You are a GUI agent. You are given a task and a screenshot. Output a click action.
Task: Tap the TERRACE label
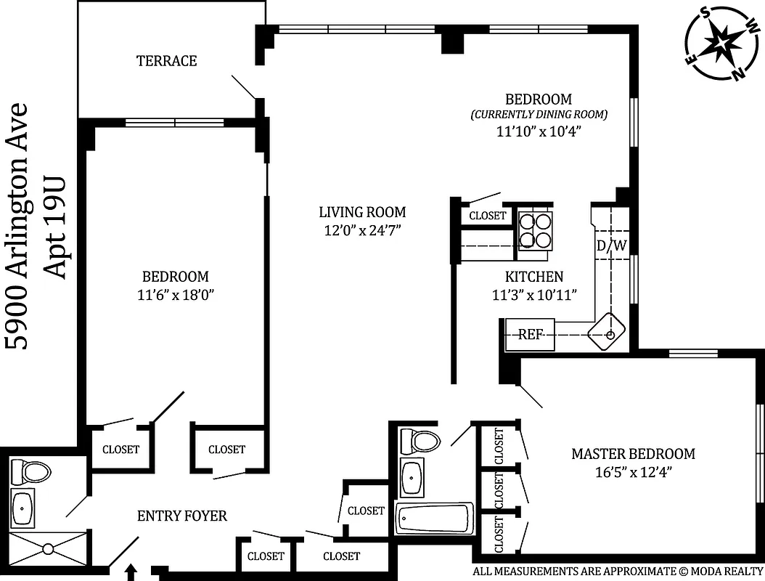tap(167, 61)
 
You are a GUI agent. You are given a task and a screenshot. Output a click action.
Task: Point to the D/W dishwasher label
tap(611, 246)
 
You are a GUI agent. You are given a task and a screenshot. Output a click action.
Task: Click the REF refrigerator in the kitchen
tap(531, 335)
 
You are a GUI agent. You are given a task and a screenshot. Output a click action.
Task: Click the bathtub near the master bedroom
tap(434, 519)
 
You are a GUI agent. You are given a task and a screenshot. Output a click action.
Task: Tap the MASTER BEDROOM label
tap(633, 454)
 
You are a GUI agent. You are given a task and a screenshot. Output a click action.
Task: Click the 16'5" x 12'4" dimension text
tap(633, 471)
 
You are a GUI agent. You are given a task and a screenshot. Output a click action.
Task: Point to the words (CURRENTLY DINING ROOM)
tap(539, 115)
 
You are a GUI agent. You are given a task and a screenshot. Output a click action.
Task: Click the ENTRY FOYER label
tap(182, 516)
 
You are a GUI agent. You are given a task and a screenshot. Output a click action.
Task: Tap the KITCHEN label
tap(534, 277)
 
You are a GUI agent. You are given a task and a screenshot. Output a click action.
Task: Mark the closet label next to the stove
tap(488, 216)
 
